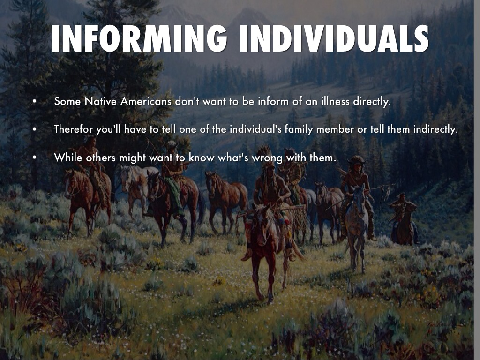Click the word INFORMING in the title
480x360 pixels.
(x=139, y=39)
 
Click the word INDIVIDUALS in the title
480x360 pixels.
(x=334, y=39)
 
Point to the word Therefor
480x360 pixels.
(x=73, y=129)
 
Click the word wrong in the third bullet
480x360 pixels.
(x=267, y=158)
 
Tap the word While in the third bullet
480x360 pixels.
(x=68, y=157)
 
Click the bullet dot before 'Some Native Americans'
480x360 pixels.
(x=35, y=101)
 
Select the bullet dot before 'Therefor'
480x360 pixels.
(x=35, y=129)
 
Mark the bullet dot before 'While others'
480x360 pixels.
(x=35, y=157)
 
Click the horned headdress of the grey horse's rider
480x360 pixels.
(x=357, y=160)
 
